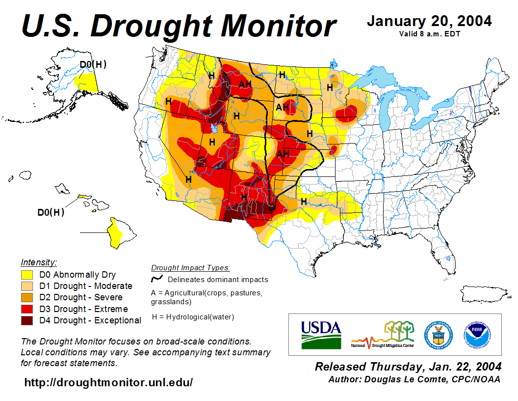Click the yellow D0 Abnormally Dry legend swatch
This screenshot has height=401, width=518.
27,275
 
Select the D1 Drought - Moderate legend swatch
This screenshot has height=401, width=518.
27,286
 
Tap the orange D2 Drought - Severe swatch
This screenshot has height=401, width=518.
27,297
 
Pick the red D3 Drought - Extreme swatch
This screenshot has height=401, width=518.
27,309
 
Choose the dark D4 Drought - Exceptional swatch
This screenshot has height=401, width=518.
27,320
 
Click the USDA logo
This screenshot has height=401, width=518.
321,334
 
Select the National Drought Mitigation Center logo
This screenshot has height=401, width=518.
383,335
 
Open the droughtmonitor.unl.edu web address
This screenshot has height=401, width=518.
108,382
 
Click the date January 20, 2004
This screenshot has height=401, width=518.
429,22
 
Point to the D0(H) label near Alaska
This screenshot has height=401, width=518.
93,64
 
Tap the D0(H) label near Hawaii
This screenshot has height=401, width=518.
51,212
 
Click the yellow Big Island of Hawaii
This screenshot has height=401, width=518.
117,235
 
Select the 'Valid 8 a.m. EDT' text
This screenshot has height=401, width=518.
429,34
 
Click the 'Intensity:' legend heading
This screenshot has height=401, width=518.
39,262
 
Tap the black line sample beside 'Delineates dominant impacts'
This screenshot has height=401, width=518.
157,279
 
